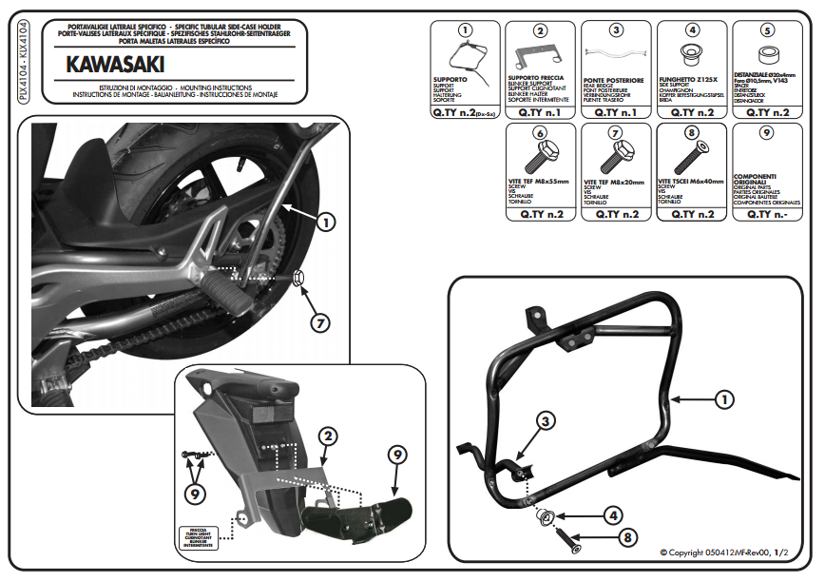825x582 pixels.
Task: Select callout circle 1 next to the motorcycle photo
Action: (324, 222)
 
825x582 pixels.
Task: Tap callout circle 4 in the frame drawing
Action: (612, 515)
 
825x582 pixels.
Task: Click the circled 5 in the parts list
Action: (766, 31)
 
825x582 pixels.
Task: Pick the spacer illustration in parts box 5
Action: (765, 54)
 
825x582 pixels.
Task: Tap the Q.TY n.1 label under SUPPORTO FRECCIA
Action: (539, 111)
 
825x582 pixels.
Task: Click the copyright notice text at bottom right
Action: (723, 553)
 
